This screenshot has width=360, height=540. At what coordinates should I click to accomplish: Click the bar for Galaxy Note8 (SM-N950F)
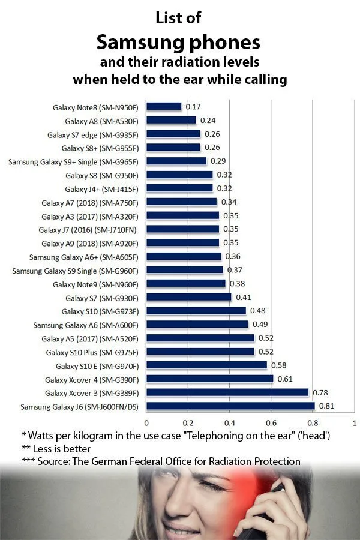[x=164, y=107]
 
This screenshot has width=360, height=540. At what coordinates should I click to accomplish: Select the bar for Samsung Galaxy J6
[x=230, y=407]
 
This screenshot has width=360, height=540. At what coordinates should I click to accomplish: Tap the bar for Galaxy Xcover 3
[x=227, y=393]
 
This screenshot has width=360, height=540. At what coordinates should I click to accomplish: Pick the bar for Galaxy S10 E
[x=206, y=365]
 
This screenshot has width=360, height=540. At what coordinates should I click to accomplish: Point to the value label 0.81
[x=325, y=407]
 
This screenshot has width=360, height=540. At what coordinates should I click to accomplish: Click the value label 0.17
[x=193, y=107]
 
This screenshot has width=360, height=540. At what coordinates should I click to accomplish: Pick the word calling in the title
[x=262, y=79]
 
